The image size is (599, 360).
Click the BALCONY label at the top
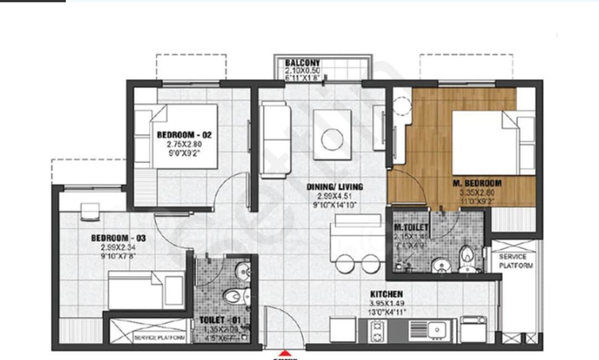[x=303, y=63]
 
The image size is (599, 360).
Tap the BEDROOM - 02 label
[x=184, y=134]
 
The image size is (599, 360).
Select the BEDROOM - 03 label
[x=118, y=238]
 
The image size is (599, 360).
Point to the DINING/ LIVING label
[x=335, y=186]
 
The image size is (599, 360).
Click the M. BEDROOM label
[x=477, y=182]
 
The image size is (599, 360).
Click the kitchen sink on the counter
[x=439, y=331]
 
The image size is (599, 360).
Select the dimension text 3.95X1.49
[x=388, y=303]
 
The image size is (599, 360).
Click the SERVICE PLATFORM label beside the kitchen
[x=516, y=261]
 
